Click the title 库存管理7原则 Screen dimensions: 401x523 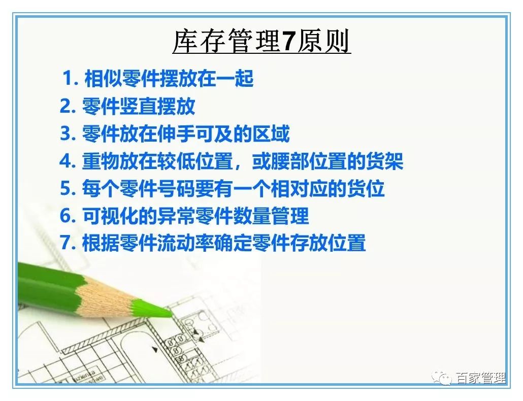[x=261, y=42]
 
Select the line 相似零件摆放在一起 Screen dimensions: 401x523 [x=169, y=79]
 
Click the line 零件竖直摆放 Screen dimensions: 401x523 [x=138, y=107]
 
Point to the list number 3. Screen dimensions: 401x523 [x=66, y=135]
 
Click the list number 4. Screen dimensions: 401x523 [x=66, y=162]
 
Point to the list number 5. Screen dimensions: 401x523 [x=66, y=189]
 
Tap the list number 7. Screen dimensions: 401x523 [x=66, y=244]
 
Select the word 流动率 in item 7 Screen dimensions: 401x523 [x=204, y=244]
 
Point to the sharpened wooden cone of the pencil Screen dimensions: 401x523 [x=107, y=295]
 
